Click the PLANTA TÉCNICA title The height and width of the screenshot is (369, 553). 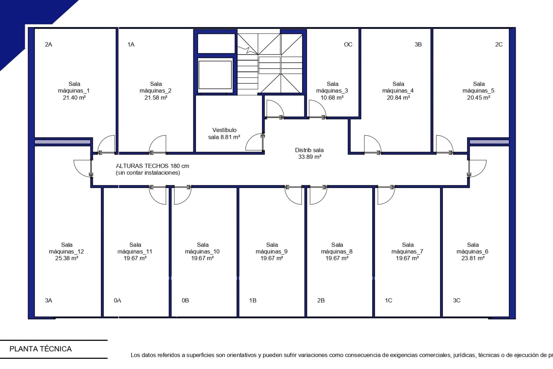(x=40, y=349)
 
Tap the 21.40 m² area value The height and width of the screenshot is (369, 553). (x=74, y=98)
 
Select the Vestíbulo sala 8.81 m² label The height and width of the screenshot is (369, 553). (x=224, y=133)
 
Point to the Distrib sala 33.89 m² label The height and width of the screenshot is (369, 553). (x=309, y=153)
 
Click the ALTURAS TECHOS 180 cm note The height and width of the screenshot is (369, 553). (x=153, y=166)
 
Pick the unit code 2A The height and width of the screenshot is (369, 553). (x=49, y=44)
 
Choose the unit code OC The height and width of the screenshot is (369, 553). (x=348, y=44)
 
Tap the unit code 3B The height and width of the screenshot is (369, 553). (x=418, y=44)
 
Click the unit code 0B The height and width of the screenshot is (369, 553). (x=185, y=300)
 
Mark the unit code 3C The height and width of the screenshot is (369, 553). (x=457, y=300)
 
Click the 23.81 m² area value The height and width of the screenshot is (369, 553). (x=473, y=258)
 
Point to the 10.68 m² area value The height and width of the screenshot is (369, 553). (x=332, y=98)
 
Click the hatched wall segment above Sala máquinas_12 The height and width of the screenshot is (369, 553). (x=63, y=142)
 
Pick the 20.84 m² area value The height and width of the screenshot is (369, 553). (x=398, y=98)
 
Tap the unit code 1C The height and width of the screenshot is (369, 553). (x=389, y=300)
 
